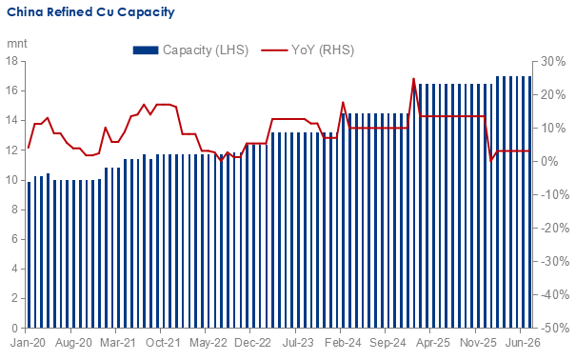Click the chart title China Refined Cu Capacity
[90, 12]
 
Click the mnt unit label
[17, 44]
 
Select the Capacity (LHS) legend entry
[190, 50]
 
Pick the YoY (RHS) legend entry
[308, 50]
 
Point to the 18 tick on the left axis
[11, 61]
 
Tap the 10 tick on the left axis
[11, 180]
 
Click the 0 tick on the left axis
[14, 328]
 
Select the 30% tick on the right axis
[553, 61]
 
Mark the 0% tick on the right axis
[550, 161]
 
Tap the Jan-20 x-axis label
[28, 343]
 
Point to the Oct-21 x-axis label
[163, 343]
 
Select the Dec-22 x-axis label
[252, 343]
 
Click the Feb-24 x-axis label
[343, 343]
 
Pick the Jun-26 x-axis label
[523, 343]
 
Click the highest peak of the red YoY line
[413, 79]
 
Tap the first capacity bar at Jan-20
[29, 255]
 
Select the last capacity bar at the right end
[529, 202]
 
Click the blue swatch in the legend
[146, 50]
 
